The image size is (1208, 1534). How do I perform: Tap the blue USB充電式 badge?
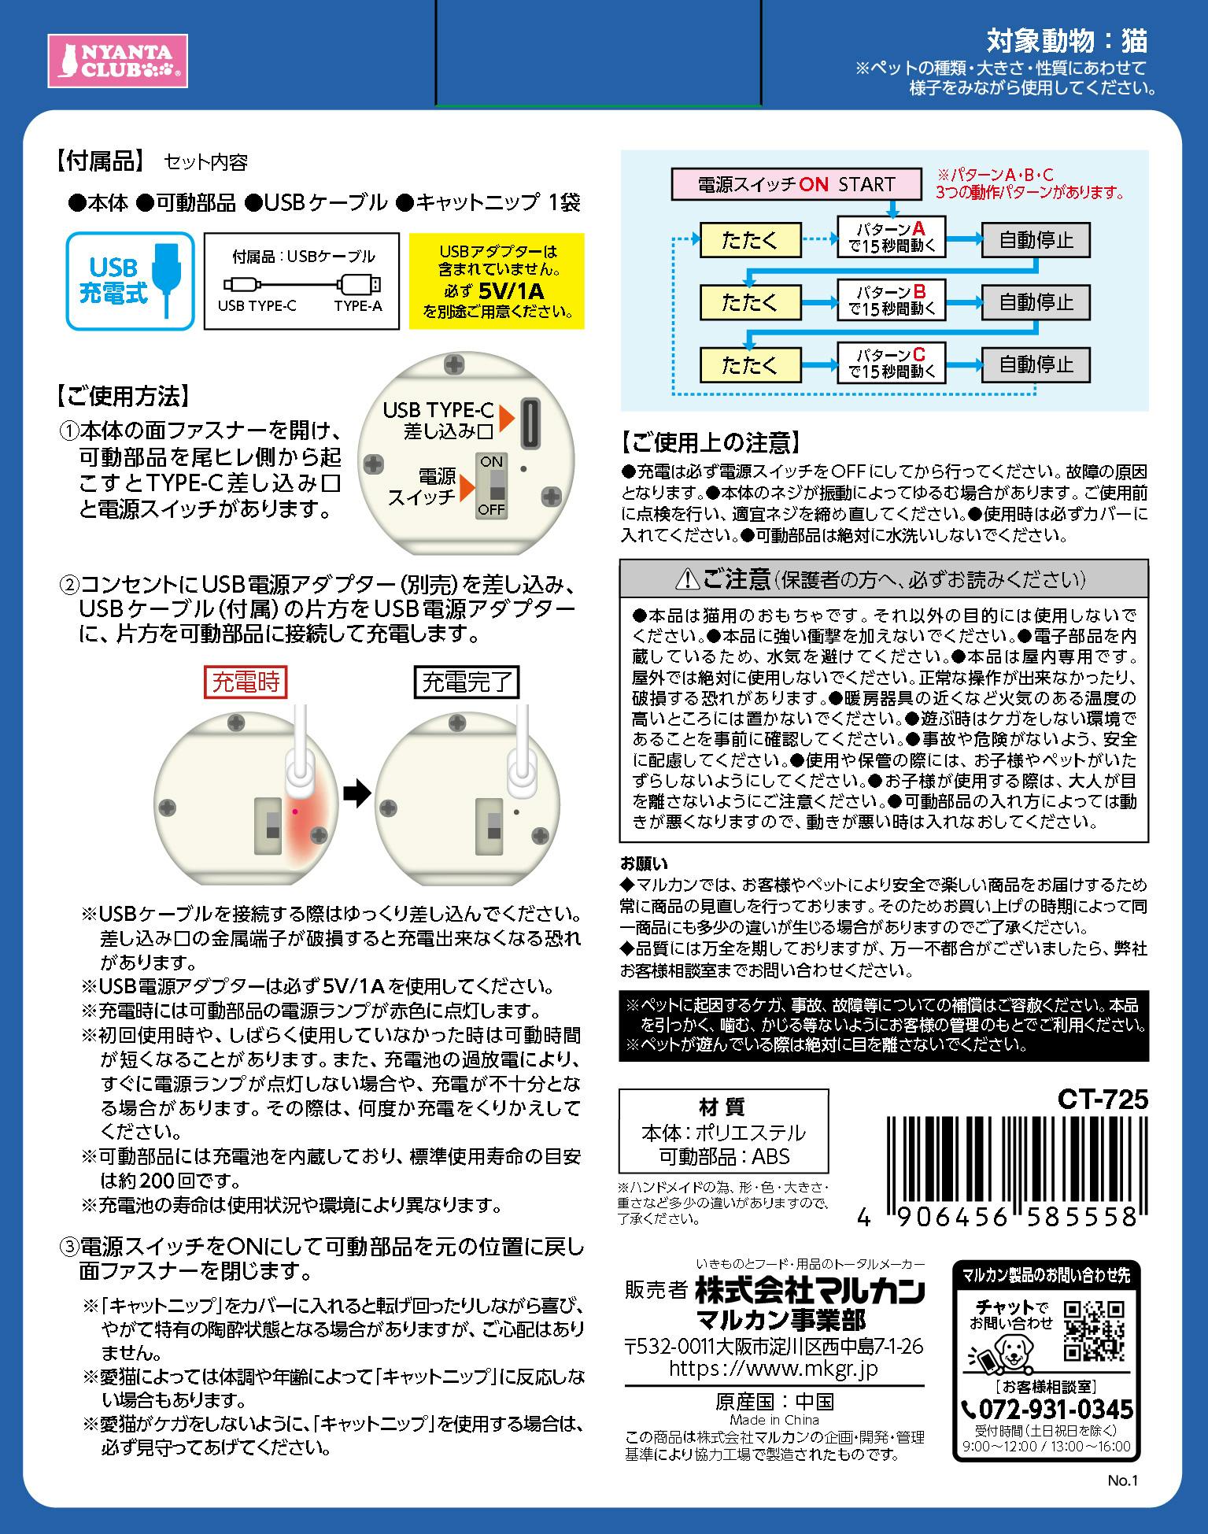130,280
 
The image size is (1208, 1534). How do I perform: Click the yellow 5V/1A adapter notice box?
497,280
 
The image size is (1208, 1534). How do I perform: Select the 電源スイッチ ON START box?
796,184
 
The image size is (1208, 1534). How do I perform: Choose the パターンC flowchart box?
891,363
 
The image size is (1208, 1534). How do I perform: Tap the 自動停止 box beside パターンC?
1036,364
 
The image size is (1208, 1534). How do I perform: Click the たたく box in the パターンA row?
750,239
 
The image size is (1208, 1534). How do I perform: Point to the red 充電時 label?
246,682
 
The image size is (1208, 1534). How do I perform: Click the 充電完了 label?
467,682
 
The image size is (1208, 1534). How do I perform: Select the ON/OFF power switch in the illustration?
492,485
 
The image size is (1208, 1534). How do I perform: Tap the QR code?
1094,1331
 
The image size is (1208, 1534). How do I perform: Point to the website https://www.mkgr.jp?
774,1368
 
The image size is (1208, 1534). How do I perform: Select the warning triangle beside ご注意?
689,581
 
